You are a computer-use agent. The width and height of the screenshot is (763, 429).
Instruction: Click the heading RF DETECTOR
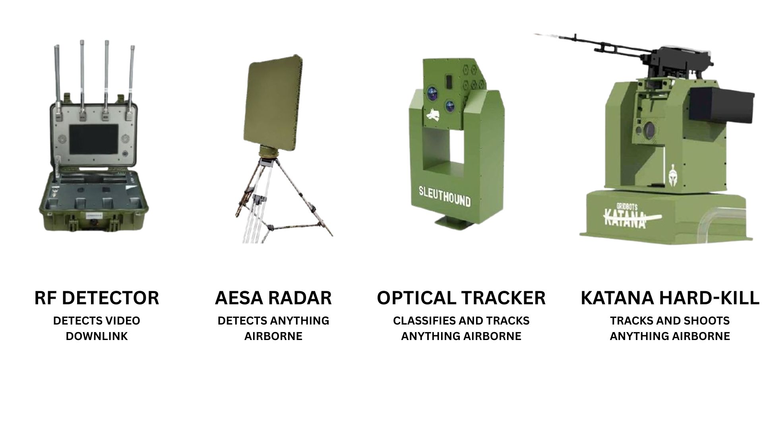coord(97,298)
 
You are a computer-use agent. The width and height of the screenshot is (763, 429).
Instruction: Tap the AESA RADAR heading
coord(273,298)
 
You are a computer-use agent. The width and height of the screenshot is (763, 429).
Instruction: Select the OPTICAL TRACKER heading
coord(461,298)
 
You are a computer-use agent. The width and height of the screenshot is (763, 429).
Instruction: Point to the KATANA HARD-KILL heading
coord(670,298)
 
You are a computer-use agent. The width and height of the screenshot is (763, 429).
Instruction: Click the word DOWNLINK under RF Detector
coord(97,336)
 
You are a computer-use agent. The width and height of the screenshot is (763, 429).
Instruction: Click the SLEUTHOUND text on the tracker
coord(444,196)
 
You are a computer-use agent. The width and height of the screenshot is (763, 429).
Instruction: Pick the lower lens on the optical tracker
coord(450,106)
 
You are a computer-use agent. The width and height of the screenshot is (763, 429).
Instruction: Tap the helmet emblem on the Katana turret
coord(673,172)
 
